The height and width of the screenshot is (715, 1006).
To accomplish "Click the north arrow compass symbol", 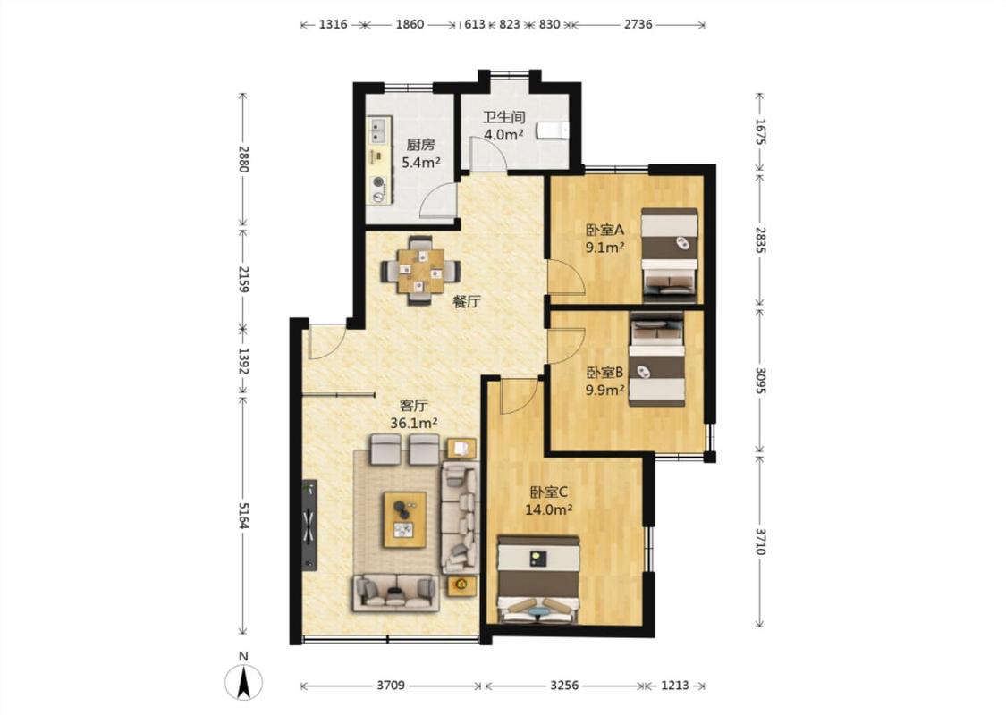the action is coord(243,681).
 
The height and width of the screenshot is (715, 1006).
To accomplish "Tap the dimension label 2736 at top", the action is coord(638,24).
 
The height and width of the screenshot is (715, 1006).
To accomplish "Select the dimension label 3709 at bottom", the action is coord(391,686).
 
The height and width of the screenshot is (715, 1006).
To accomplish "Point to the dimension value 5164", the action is coord(243,515).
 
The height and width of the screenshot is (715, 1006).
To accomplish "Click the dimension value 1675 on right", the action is coord(760,130).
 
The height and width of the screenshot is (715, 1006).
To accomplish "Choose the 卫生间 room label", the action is coord(503,117).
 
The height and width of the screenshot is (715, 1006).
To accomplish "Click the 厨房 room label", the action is coord(420,145).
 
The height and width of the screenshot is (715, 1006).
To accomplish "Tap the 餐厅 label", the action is coord(467,302).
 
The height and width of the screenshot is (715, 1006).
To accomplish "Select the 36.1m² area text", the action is coord(414,424).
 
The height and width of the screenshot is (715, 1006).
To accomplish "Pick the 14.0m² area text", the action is coord(548,510).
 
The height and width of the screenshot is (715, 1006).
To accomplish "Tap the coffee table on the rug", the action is coord(405,519).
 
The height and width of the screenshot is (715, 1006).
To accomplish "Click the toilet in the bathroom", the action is coord(553,130).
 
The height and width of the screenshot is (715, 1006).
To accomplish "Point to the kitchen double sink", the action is coord(378,130).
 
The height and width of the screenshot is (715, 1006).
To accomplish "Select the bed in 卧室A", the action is coord(670,255).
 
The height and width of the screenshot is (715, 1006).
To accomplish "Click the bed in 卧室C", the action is coord(539,579).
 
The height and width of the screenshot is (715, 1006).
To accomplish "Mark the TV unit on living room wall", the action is coord(310,524).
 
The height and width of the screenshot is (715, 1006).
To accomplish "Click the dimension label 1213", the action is coord(674,686).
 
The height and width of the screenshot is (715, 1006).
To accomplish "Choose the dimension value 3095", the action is coord(760,381).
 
